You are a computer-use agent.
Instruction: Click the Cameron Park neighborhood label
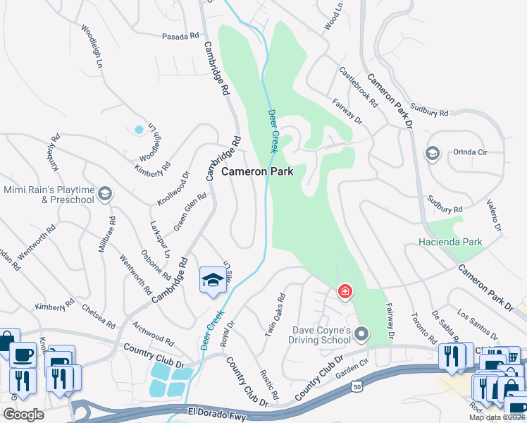[262, 171]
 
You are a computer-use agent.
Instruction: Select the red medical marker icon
[345, 291]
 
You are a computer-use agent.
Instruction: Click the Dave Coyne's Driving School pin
[362, 333]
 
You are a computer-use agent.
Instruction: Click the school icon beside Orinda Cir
[432, 153]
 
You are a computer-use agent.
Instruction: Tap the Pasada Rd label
[180, 36]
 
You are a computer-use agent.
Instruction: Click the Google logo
[24, 414]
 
